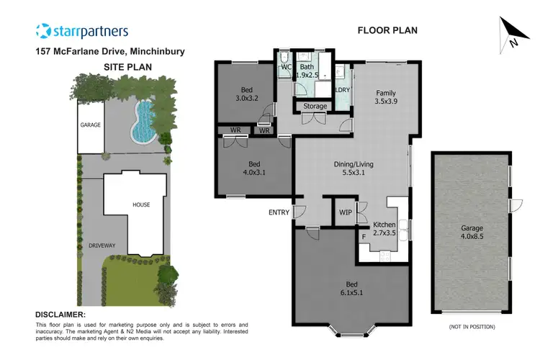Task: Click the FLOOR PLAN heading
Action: (387, 30)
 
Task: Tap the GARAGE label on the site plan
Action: (91, 125)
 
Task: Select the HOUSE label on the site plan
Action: (140, 204)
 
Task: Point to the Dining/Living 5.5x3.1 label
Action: (353, 168)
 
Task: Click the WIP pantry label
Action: (345, 212)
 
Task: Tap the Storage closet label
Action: (315, 107)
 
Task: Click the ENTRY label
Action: (278, 212)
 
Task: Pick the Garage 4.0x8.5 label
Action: (472, 233)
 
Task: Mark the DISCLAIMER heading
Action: (60, 315)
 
